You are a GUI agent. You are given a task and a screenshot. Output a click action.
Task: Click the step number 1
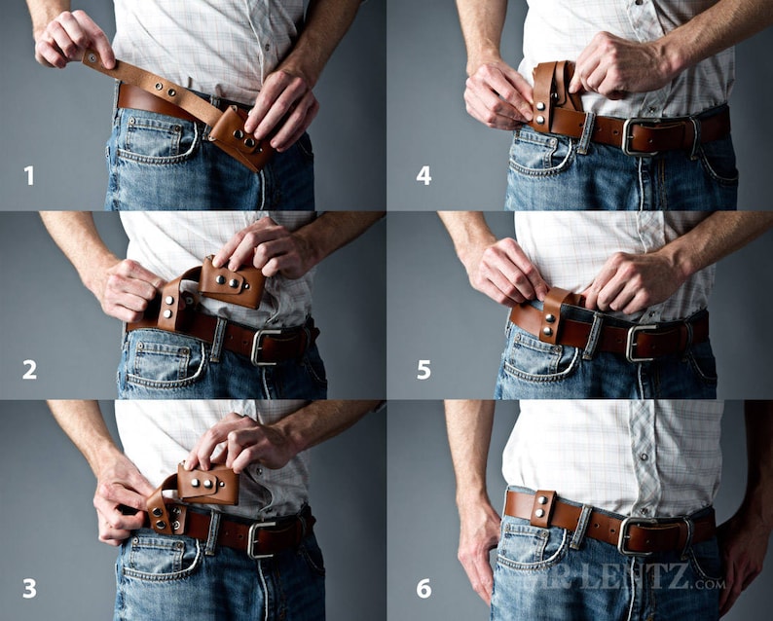tap(29, 175)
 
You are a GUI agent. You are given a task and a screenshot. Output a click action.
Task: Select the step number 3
tap(30, 587)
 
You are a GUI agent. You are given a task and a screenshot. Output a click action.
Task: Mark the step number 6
tap(423, 587)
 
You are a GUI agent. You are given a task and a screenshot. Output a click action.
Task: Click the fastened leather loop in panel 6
tap(541, 509)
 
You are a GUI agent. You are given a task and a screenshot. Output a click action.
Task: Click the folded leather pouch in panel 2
tap(232, 282)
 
